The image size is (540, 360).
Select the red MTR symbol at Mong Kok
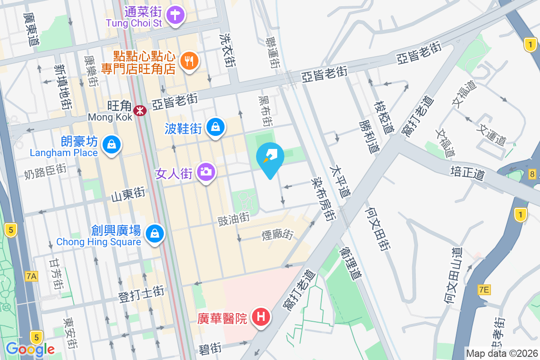pos(140,109)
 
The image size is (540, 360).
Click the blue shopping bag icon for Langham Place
pos(110,145)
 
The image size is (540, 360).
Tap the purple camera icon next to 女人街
pos(206,172)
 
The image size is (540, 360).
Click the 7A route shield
pos(31,276)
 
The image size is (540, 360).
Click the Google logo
pos(30,349)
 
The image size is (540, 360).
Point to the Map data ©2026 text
pos(502,353)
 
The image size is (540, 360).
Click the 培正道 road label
pos(467,172)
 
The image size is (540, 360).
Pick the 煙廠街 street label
pos(277,234)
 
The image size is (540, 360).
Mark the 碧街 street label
pos(210,349)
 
